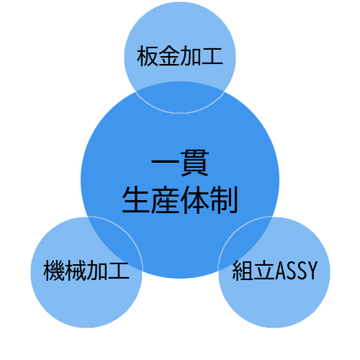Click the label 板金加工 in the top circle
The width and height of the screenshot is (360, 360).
coord(180,55)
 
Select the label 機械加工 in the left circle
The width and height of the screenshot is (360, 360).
coord(86,271)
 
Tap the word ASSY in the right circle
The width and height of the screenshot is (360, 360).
coord(297,271)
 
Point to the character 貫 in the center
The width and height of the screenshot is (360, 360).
coord(194,163)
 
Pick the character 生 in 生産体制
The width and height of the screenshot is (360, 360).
coord(136,199)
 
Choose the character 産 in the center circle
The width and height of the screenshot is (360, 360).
coord(166,199)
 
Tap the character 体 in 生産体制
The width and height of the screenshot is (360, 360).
coord(194,199)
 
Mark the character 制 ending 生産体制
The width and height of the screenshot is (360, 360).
coord(224,199)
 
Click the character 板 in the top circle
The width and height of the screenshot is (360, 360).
coord(148,56)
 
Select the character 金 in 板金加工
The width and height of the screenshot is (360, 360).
coord(169,56)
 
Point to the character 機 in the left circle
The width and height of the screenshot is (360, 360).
coord(54,271)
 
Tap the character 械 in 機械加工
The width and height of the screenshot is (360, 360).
coord(76,271)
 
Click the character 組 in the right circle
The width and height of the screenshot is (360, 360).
coord(243,271)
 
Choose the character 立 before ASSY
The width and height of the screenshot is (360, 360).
coord(264,271)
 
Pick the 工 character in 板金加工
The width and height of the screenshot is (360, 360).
coord(212,56)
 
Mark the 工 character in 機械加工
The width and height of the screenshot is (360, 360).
coord(119,271)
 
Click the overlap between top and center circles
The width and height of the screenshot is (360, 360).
coord(179,97)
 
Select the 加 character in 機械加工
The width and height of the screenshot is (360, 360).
coord(97,271)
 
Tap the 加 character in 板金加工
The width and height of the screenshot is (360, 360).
coord(191,56)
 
